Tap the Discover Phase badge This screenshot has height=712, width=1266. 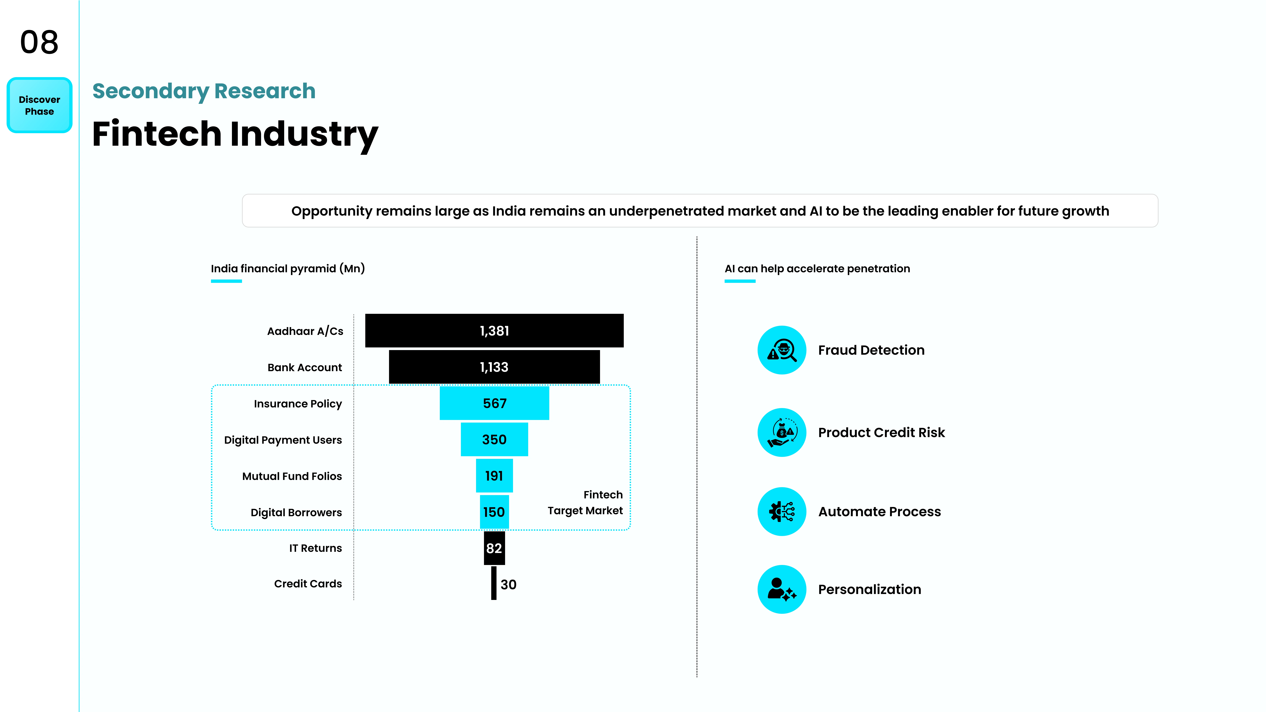39,105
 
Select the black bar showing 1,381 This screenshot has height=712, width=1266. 494,331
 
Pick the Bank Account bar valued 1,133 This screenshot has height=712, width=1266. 494,367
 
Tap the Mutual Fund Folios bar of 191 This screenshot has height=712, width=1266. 494,476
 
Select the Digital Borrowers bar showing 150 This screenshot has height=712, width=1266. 494,512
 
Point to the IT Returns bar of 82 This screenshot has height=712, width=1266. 494,548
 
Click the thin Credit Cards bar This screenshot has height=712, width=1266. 494,583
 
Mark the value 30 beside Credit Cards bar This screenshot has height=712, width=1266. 509,585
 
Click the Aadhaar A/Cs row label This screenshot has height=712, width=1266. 305,331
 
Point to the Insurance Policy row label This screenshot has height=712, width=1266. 298,404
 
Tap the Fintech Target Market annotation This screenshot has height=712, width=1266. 585,503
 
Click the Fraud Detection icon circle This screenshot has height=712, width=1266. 782,350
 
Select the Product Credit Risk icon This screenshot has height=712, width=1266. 782,432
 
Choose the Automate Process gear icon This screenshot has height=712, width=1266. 782,512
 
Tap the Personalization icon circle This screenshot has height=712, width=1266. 782,589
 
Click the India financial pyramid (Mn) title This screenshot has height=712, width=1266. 288,269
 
